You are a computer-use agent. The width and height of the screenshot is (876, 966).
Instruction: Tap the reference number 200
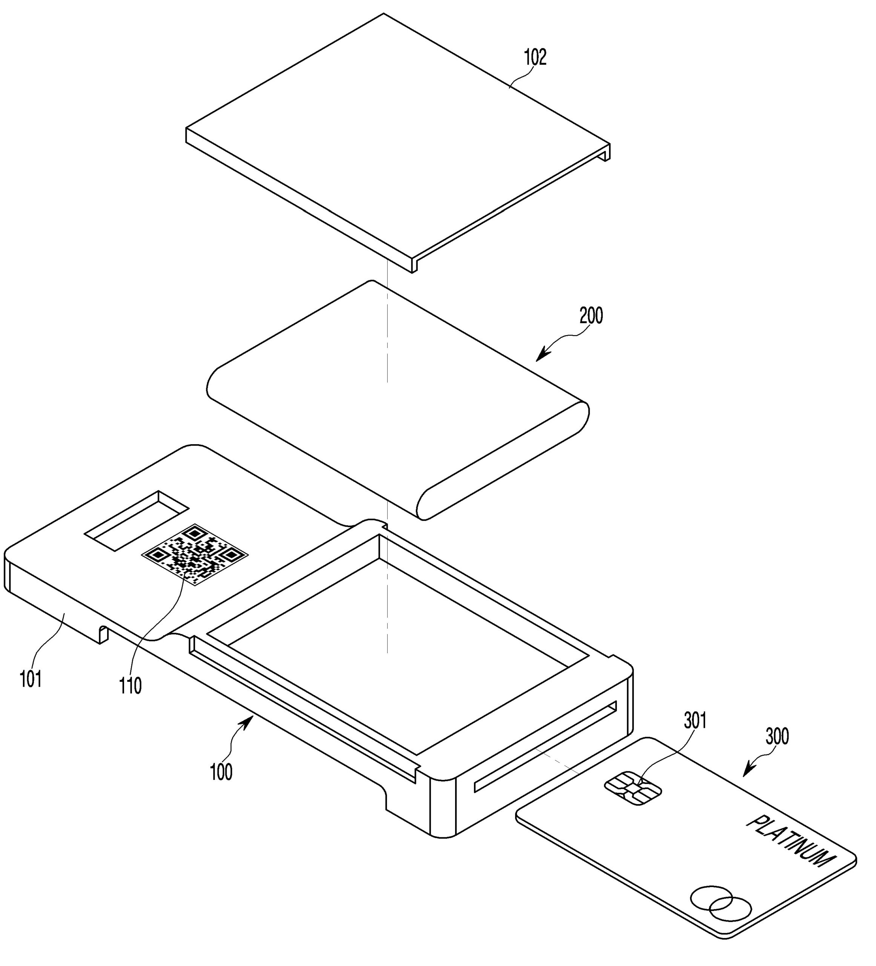591,316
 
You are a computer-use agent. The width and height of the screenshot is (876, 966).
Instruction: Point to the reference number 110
130,686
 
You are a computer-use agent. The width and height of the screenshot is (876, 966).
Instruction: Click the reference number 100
221,772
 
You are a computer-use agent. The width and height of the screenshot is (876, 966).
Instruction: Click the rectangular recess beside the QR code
137,520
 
